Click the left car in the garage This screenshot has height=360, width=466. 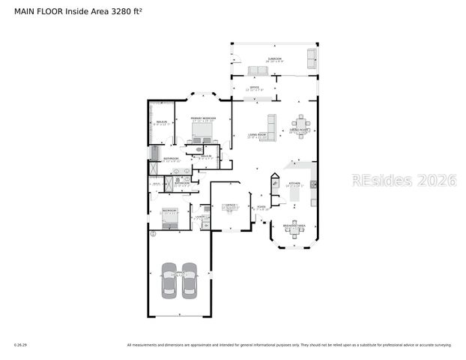(169, 280)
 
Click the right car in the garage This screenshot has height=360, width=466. (189, 280)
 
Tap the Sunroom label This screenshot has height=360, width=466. (275, 58)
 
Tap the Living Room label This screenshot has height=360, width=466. (258, 136)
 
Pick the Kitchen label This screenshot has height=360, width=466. (294, 183)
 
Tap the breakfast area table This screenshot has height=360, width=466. (294, 231)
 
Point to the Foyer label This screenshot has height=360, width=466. (261, 208)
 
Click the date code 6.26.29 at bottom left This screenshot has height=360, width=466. (20, 345)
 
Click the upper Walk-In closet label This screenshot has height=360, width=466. (160, 122)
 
